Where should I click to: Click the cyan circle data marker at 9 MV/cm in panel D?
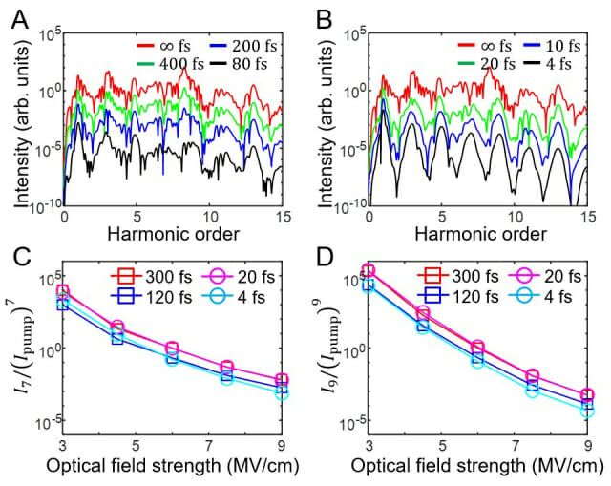[588, 410]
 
